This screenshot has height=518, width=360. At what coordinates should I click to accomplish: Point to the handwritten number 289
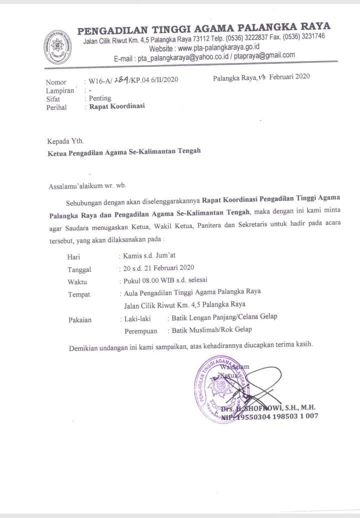122,79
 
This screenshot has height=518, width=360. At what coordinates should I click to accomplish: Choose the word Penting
100,98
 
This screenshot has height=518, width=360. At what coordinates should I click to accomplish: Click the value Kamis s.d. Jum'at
149,256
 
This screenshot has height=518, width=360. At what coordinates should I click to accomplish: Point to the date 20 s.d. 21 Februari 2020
159,268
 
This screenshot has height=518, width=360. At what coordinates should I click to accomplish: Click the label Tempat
79,294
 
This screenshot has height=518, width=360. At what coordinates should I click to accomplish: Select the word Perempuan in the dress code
141,331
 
